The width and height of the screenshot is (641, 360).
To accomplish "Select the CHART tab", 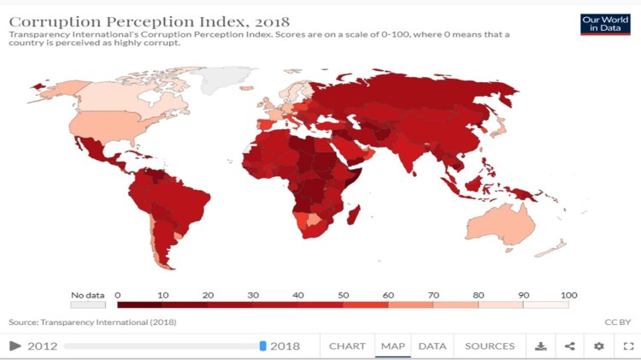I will point(347,346).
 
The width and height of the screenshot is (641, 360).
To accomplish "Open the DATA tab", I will point(432,346).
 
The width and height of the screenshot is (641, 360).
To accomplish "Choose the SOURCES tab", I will point(490,346).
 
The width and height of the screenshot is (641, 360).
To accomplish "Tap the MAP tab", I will point(393,346).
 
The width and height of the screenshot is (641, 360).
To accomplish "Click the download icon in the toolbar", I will point(540,346).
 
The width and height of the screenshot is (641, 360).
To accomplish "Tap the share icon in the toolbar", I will point(570,346).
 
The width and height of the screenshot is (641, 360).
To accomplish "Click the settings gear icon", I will point(599,346).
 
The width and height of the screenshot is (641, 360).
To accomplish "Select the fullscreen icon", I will point(628,346).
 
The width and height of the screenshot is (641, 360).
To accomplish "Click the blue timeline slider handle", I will point(263,346).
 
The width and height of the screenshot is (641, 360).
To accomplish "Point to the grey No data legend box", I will point(88,304).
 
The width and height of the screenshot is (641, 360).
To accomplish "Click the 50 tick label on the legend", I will point(343,295).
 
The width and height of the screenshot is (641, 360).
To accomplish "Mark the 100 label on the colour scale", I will point(569,295).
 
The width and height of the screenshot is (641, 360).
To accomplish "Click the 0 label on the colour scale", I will point(117,295).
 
